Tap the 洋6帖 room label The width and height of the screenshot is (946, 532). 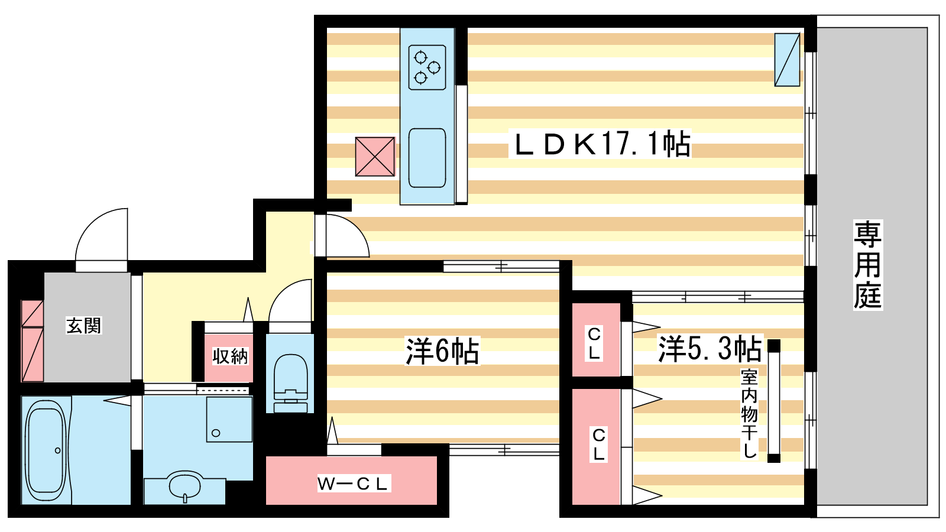click(x=442, y=351)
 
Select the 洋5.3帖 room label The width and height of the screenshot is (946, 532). click(x=710, y=349)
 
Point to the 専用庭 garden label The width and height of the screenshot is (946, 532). click(x=867, y=265)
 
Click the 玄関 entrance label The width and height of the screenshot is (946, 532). click(x=83, y=326)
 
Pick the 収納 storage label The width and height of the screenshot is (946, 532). click(x=230, y=356)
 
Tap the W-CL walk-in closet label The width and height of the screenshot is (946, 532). click(x=353, y=484)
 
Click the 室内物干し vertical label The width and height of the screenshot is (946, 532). click(x=749, y=414)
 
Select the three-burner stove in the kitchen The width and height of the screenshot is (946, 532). click(x=427, y=67)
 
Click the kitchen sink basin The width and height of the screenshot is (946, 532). click(x=427, y=158)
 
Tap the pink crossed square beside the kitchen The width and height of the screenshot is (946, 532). click(x=375, y=157)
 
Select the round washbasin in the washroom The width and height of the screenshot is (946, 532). click(x=184, y=486)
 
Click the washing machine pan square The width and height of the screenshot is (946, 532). click(x=229, y=419)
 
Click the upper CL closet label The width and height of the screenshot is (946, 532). click(x=594, y=343)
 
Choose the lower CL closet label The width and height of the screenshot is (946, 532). click(x=598, y=445)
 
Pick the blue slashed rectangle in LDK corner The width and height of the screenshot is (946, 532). click(x=787, y=60)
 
